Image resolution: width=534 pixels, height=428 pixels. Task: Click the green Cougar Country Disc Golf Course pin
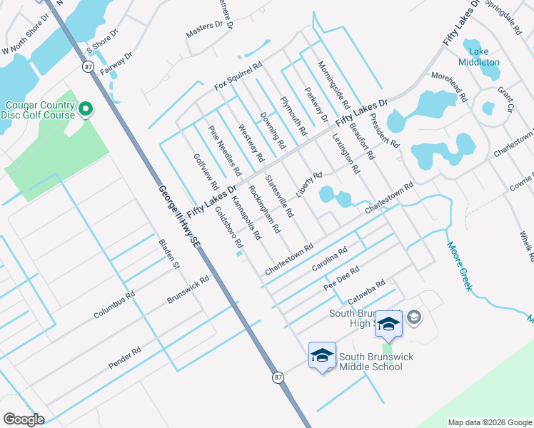pyautogui.click(x=86, y=109)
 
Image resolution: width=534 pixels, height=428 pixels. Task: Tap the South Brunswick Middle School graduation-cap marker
pyautogui.click(x=322, y=355)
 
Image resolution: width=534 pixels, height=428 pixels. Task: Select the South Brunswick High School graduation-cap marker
pyautogui.click(x=388, y=324)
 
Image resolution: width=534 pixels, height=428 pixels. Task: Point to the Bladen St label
pyautogui.click(x=168, y=254)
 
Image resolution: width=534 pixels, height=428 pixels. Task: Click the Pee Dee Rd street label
pyautogui.click(x=341, y=278)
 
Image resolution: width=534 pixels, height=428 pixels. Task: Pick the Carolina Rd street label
pyautogui.click(x=329, y=260)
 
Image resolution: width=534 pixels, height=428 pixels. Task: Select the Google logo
pyautogui.click(x=24, y=419)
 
